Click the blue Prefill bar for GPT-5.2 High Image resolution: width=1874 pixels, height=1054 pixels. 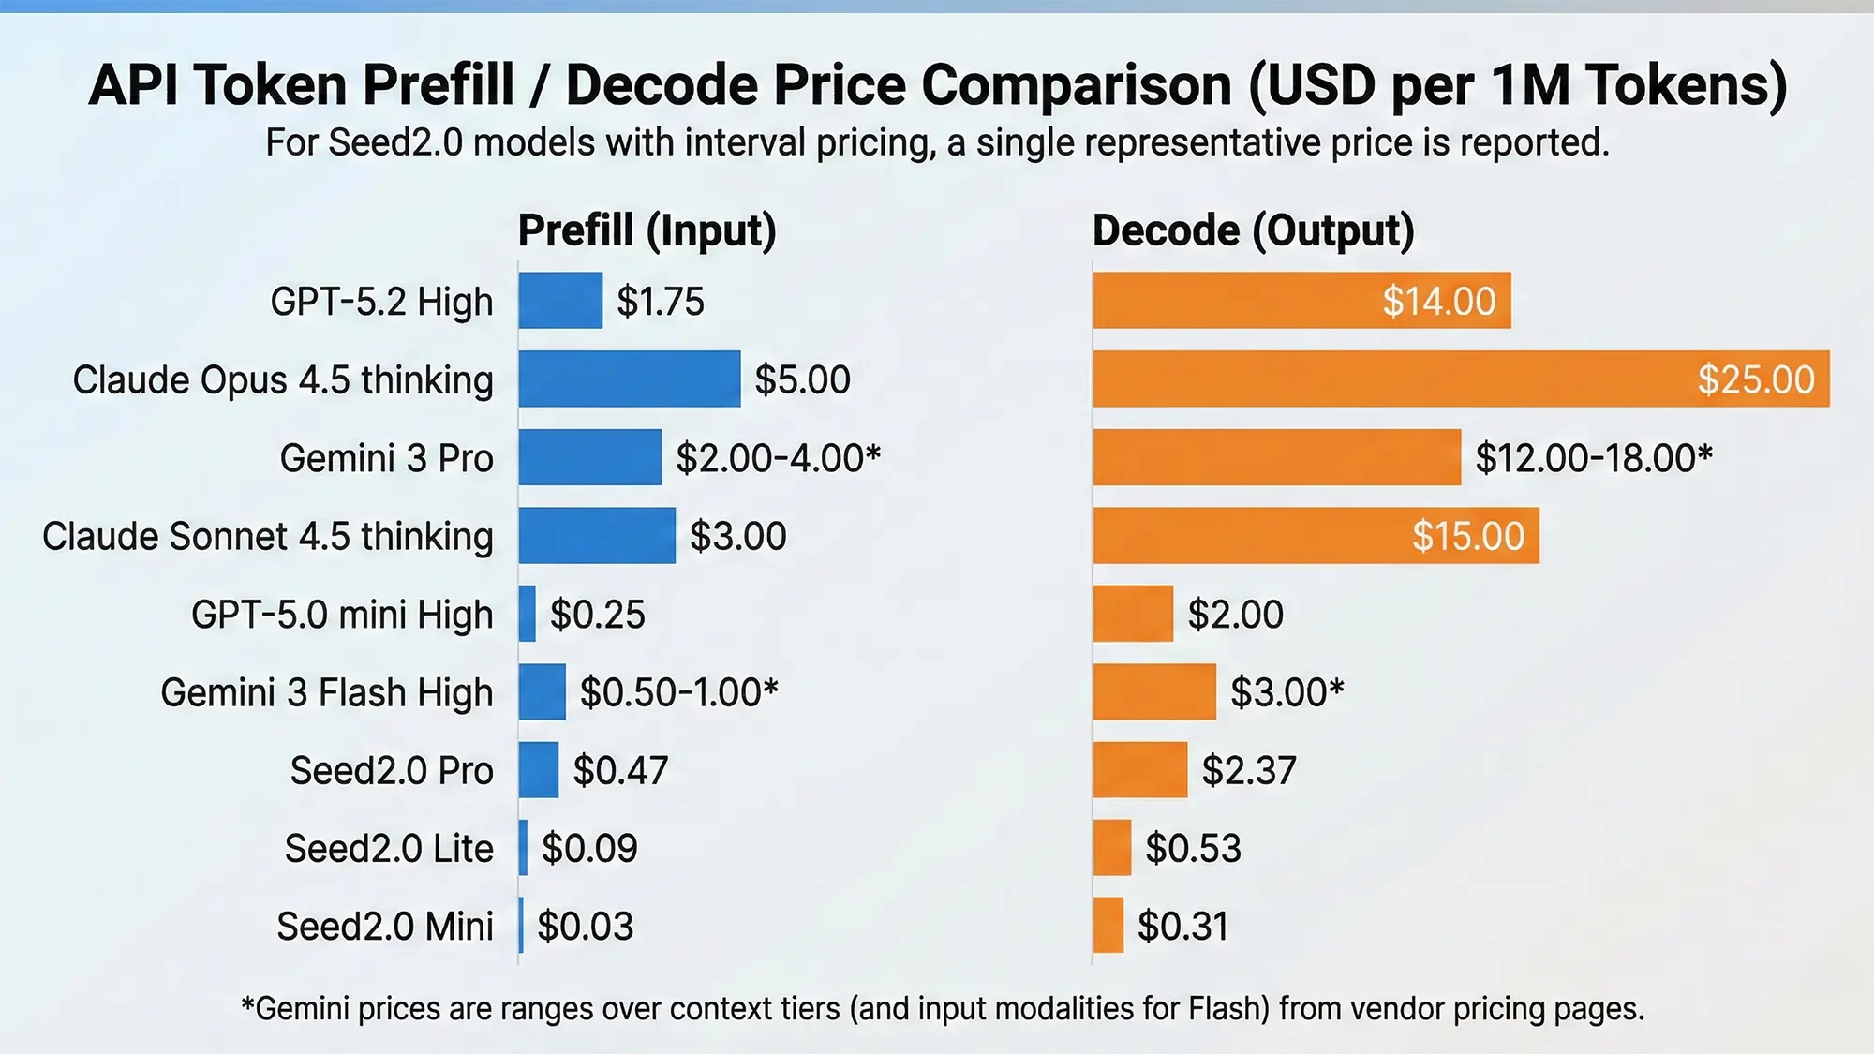pyautogui.click(x=560, y=301)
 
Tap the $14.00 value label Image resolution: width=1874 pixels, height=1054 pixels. pyautogui.click(x=1438, y=302)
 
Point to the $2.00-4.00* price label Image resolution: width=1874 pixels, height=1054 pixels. pyautogui.click(x=778, y=458)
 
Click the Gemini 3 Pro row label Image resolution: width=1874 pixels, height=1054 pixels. pyautogui.click(x=386, y=458)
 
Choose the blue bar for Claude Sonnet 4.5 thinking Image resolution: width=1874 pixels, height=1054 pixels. pyautogui.click(x=597, y=536)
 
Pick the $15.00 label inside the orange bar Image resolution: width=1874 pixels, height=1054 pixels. pyautogui.click(x=1467, y=536)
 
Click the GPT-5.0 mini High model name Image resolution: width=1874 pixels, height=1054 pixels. pyautogui.click(x=342, y=615)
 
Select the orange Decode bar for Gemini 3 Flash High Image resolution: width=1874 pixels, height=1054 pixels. pyautogui.click(x=1153, y=692)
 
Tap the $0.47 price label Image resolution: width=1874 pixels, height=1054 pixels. pyautogui.click(x=620, y=770)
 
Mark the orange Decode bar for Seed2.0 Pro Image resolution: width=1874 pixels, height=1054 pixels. pyautogui.click(x=1139, y=770)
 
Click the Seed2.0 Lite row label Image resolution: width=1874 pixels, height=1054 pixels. pyautogui.click(x=389, y=849)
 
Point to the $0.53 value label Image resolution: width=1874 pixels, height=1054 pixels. pyautogui.click(x=1193, y=849)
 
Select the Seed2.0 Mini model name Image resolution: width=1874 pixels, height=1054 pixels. pyautogui.click(x=385, y=927)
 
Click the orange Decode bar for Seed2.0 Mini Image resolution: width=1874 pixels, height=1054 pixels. pyautogui.click(x=1108, y=926)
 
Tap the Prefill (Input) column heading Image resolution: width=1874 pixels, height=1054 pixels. pyautogui.click(x=647, y=230)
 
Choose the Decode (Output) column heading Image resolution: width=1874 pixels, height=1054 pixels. pyautogui.click(x=1253, y=230)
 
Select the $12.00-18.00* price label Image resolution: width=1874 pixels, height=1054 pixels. pyautogui.click(x=1593, y=458)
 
